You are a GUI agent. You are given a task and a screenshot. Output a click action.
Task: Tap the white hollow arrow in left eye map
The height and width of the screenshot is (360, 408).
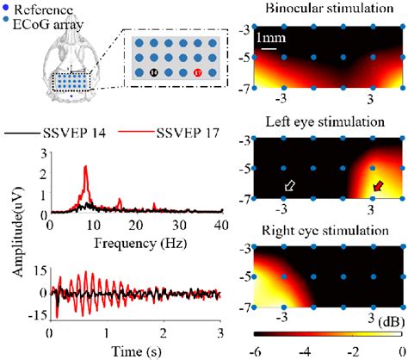click(290, 185)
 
